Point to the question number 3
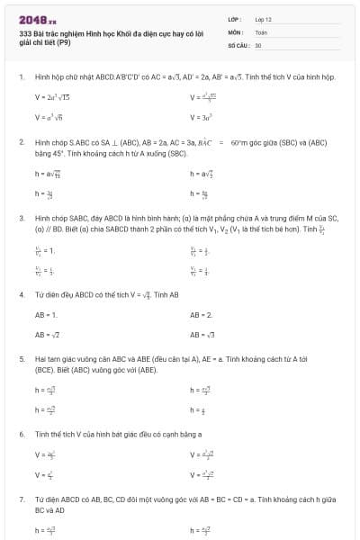(21, 218)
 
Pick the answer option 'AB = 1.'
(46, 315)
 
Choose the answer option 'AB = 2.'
(201, 315)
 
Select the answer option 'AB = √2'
(47, 334)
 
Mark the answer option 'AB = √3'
(202, 334)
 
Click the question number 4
(21, 294)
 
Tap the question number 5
(21, 358)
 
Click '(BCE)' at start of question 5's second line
(44, 370)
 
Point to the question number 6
(21, 434)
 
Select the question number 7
(21, 498)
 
